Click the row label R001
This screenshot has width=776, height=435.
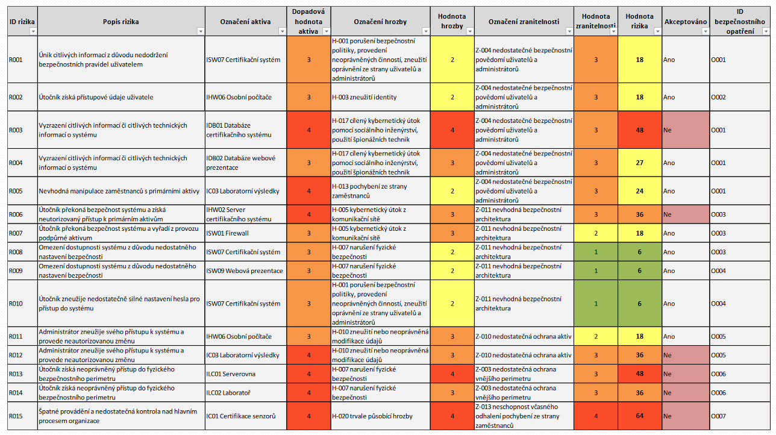tap(16, 60)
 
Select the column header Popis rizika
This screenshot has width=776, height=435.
tap(120, 22)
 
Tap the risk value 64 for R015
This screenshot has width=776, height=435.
tap(639, 416)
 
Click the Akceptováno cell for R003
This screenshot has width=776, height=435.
tap(685, 130)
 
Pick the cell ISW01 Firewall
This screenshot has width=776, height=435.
tap(227, 233)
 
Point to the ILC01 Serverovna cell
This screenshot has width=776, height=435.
tap(231, 374)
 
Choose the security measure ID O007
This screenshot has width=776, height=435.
tap(719, 416)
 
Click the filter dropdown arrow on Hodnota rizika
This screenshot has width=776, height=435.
tap(657, 31)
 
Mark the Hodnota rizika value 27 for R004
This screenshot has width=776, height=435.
tap(639, 163)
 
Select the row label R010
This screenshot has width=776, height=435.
tap(16, 304)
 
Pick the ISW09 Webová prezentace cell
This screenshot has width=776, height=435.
tap(244, 271)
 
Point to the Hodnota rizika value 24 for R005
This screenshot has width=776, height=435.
tap(639, 191)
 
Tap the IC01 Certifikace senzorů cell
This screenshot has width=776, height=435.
tap(240, 416)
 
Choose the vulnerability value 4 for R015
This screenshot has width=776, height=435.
tap(596, 416)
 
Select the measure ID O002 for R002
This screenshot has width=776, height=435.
tap(719, 97)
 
